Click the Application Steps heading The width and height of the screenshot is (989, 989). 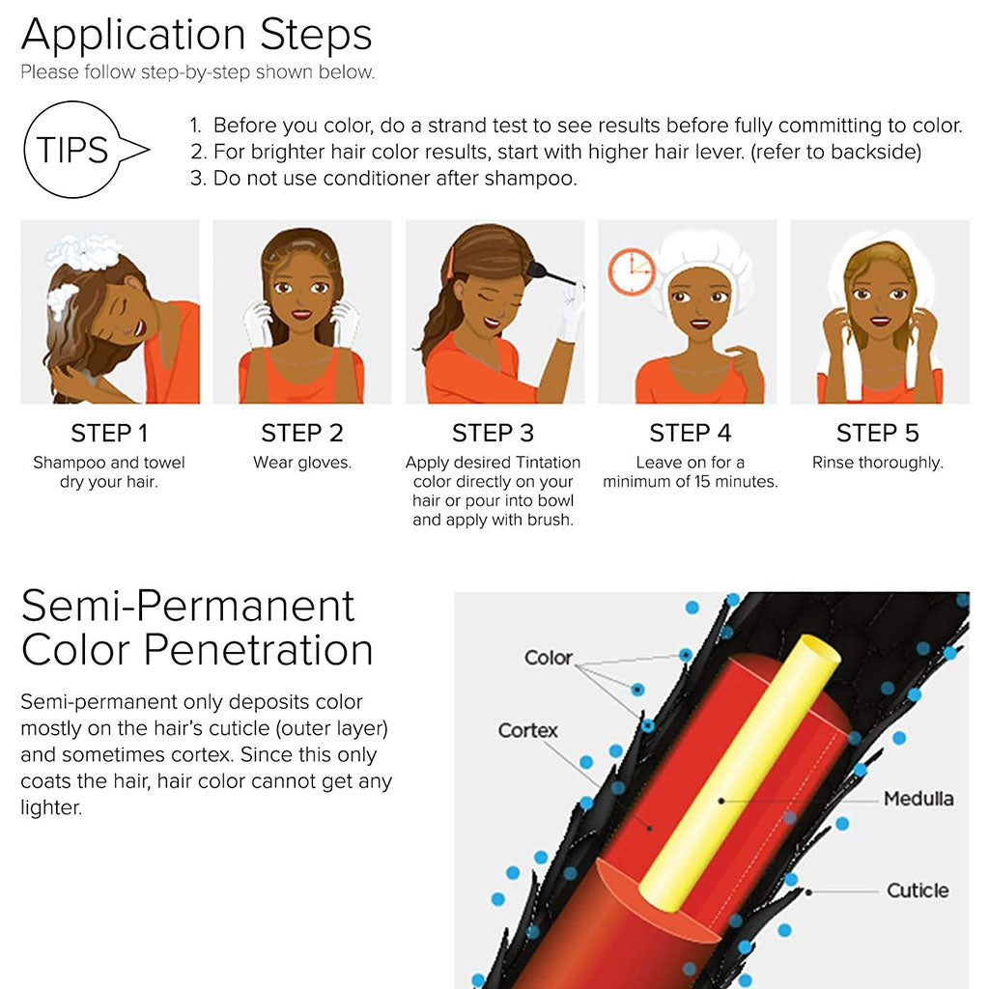tap(196, 36)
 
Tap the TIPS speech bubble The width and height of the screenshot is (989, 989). tap(75, 150)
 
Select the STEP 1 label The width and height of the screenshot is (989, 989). tap(109, 433)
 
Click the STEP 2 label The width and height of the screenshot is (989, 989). tap(301, 433)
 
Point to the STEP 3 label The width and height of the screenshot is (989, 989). tap(493, 433)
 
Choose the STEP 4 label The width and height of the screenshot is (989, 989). tap(690, 433)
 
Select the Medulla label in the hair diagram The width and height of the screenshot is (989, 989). tap(918, 799)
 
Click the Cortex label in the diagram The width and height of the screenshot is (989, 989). tap(527, 730)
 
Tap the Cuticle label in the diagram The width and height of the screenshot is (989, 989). tap(918, 890)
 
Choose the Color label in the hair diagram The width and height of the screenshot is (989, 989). tap(548, 658)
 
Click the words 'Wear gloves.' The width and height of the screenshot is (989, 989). tap(301, 463)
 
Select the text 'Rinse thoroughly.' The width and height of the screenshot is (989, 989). tap(877, 463)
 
